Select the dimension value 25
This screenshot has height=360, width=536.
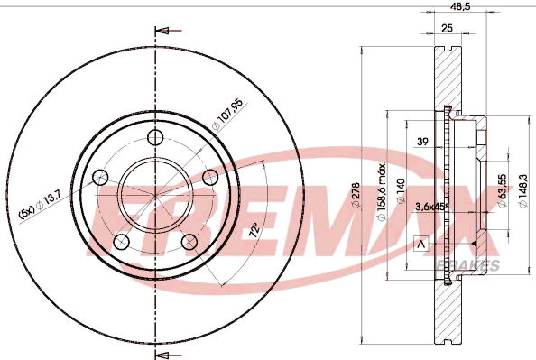pyautogui.click(x=447, y=28)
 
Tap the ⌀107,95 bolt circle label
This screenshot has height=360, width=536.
pyautogui.click(x=227, y=115)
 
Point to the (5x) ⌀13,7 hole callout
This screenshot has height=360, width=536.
pyautogui.click(x=40, y=205)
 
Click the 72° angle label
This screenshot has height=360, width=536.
pyautogui.click(x=254, y=230)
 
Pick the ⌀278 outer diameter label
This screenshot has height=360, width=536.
pyautogui.click(x=356, y=195)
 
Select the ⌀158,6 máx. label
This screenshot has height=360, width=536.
pyautogui.click(x=381, y=190)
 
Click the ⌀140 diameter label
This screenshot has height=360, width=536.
pyautogui.click(x=401, y=191)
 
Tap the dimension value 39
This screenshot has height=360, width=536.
pyautogui.click(x=422, y=141)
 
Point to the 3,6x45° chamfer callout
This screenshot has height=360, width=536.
pyautogui.click(x=431, y=207)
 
